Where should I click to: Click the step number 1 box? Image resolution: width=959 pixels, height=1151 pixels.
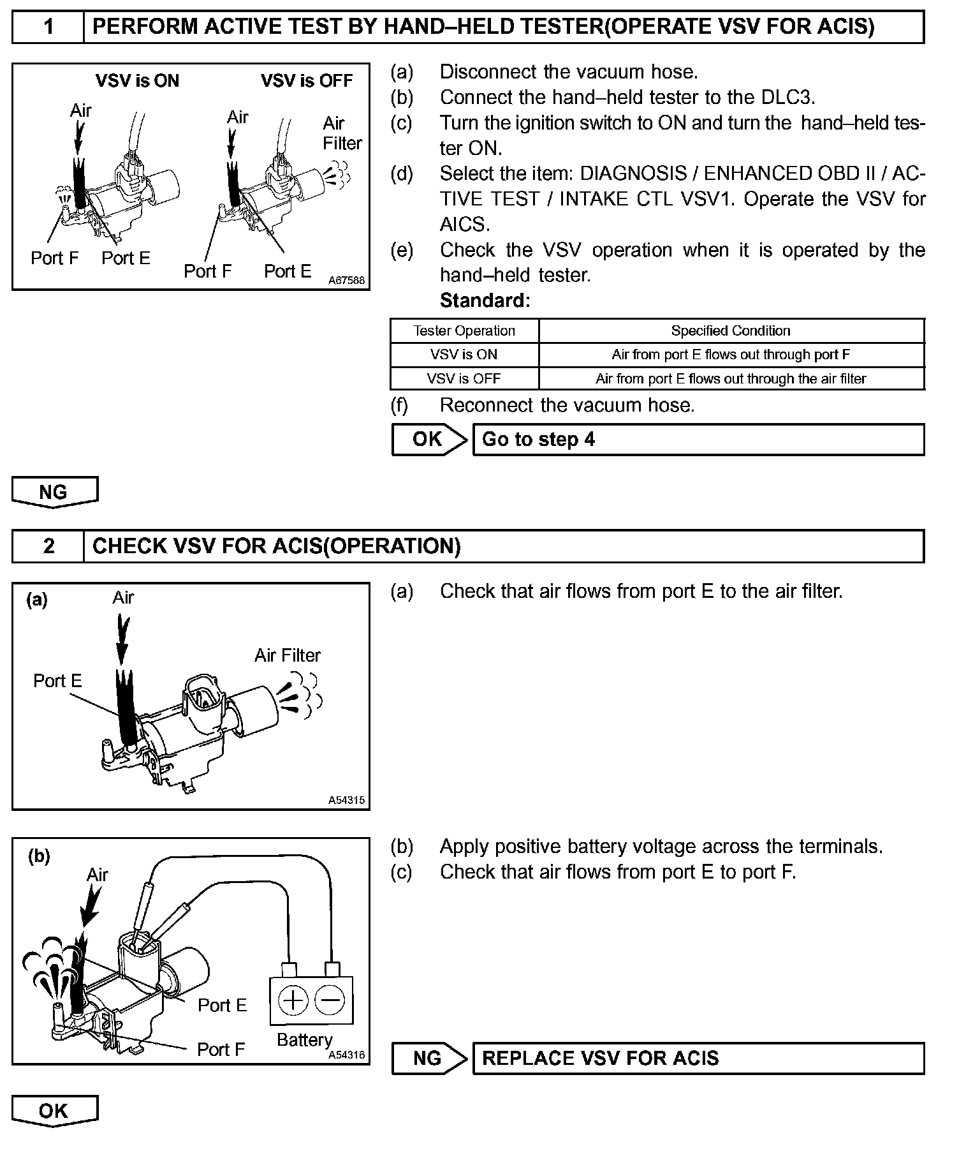pos(48,27)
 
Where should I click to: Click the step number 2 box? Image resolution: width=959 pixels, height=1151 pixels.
pos(48,546)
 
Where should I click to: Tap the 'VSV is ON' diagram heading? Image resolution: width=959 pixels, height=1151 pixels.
pos(137,81)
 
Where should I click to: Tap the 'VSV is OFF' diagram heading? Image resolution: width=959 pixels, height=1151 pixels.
pos(307,81)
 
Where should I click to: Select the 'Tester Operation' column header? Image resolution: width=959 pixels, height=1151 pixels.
pos(464,330)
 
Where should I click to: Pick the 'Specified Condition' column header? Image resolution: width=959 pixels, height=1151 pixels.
pos(731,330)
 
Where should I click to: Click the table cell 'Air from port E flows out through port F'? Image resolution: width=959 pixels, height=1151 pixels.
pos(731,355)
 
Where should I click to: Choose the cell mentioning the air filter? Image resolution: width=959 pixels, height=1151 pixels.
pos(731,378)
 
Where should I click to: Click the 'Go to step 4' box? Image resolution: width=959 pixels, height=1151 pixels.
pos(698,440)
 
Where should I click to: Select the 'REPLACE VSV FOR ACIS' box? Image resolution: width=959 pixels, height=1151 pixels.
pos(698,1058)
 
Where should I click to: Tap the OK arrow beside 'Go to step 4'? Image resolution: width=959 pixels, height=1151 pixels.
pos(428,440)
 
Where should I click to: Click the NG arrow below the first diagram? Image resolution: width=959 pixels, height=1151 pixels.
pos(54,492)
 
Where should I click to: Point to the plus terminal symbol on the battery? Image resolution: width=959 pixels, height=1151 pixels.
pos(293,1000)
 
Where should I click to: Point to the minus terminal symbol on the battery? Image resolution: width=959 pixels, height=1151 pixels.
pos(330,1000)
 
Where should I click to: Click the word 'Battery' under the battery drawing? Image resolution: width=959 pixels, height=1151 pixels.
pos(304,1039)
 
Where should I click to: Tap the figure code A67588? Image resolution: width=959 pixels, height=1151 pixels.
pos(347,280)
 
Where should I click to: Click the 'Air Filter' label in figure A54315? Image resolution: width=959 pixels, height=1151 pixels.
pos(288,655)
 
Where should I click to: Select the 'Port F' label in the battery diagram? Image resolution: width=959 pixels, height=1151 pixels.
pos(221,1050)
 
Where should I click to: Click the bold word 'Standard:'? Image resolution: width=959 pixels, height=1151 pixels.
pos(485,301)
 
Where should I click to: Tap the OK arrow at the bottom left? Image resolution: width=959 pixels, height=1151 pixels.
pos(54,1111)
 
